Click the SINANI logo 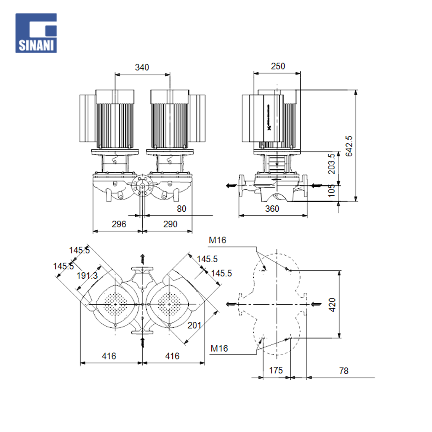click(36, 33)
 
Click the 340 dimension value click(142, 67)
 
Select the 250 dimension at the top click(278, 66)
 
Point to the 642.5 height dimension click(349, 146)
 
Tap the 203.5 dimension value click(332, 163)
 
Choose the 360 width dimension click(272, 209)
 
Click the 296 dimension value click(119, 224)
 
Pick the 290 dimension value click(170, 224)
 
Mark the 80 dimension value click(181, 209)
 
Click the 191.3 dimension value click(88, 276)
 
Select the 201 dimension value click(194, 325)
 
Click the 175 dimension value click(276, 370)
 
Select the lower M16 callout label click(219, 348)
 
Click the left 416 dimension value click(109, 356)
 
